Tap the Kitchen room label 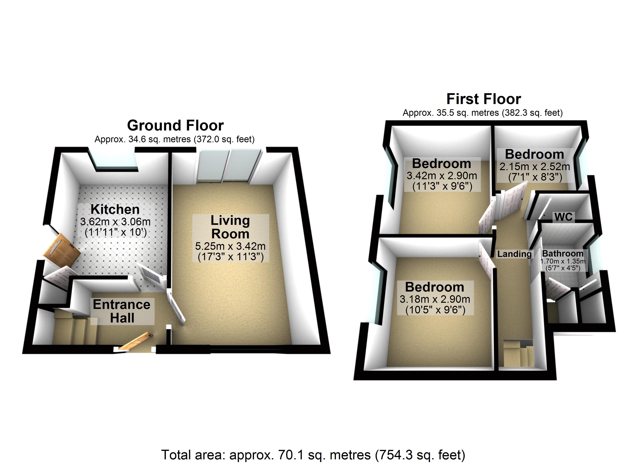[x=115, y=209]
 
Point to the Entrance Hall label [x=122, y=311]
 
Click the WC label [x=563, y=217]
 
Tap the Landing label [x=514, y=254]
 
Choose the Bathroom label [x=563, y=253]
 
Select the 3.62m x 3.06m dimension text [x=115, y=222]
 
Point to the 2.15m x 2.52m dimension [x=535, y=167]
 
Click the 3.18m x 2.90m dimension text [x=435, y=299]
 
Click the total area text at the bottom [x=313, y=455]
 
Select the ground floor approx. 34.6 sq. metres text [x=174, y=139]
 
